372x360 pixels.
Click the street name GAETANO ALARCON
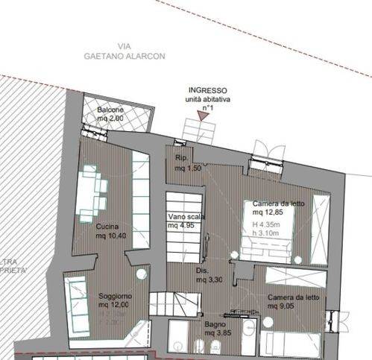coord(124,56)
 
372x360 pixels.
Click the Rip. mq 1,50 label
coord(183,163)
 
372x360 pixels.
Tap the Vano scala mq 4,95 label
coord(186,221)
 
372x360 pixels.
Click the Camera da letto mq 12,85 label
coord(277,208)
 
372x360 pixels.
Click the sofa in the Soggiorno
coord(75,306)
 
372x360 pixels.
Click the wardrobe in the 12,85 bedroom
coord(321,227)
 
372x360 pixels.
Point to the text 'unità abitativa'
coord(207,99)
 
